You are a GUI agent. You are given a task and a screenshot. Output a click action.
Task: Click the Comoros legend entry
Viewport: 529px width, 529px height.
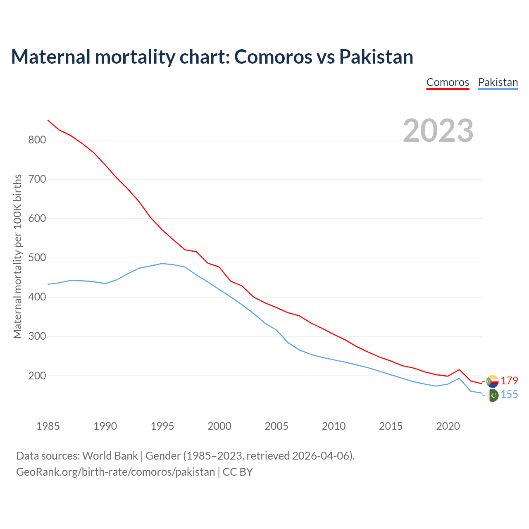coord(448,82)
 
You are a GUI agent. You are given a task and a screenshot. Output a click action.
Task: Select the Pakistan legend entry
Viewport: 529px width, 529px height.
coord(498,82)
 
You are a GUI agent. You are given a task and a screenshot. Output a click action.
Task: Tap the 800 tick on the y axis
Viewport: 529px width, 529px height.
coord(37,140)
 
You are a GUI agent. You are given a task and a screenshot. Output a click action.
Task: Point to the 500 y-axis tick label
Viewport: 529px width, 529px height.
coord(37,258)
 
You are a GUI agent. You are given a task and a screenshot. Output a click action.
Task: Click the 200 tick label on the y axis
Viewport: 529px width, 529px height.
coord(37,376)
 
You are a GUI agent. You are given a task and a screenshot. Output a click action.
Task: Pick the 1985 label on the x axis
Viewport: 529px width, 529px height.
coord(48,426)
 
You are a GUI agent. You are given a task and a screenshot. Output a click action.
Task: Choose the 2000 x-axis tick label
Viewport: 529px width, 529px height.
coord(219,426)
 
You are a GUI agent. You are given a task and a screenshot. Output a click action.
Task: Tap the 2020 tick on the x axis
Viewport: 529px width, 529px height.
coord(448,426)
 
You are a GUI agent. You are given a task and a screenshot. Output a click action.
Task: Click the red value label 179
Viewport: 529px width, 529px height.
coord(509,381)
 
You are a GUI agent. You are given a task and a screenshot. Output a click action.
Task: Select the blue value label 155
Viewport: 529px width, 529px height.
coord(509,395)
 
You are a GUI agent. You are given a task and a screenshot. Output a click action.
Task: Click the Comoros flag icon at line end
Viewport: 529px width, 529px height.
coord(492,381)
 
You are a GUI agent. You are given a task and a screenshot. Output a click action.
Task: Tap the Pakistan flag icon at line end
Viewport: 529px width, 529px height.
coord(493,396)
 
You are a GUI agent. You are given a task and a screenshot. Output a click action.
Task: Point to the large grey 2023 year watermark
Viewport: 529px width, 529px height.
coord(438,131)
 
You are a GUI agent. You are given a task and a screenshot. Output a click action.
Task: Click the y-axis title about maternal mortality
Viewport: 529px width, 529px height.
coord(18,256)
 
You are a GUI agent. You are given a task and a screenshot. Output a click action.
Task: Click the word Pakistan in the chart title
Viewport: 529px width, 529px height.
coord(376,57)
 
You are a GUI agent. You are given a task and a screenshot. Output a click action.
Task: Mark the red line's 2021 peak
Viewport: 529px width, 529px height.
coord(459,369)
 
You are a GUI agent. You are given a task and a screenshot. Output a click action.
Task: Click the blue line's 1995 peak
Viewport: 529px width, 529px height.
coord(162,263)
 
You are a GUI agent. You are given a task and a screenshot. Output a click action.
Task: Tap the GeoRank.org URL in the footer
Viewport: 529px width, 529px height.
coord(115,472)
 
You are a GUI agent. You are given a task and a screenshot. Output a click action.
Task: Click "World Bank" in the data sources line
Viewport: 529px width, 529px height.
coord(110,456)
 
